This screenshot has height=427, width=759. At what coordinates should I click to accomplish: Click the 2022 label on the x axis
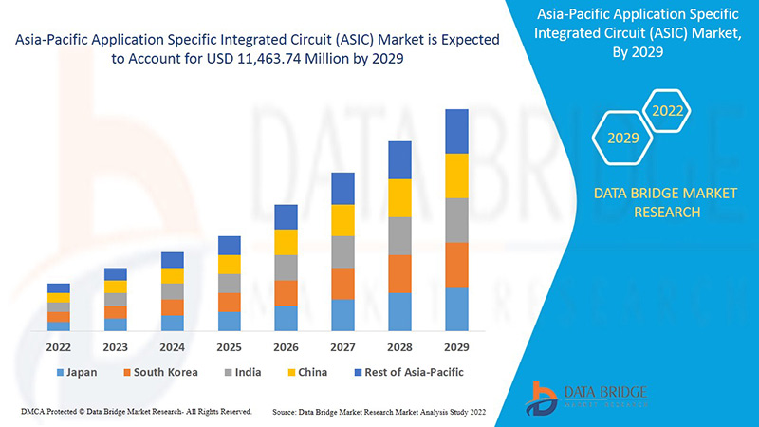point(59,346)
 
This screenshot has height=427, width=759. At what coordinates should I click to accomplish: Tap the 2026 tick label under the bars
point(286,346)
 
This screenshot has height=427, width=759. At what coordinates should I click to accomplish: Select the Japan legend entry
point(77,372)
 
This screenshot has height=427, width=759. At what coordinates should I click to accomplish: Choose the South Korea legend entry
point(159,372)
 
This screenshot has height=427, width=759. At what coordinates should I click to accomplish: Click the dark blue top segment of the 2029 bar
point(456,131)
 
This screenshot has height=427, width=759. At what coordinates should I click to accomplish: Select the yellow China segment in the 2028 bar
point(399,197)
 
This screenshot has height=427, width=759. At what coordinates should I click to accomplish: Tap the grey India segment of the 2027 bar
point(342,251)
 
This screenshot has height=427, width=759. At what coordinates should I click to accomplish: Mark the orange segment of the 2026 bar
point(286,293)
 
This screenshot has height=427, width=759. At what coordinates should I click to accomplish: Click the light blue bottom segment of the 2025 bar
point(229,321)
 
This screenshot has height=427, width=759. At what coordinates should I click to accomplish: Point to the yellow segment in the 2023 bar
point(116,287)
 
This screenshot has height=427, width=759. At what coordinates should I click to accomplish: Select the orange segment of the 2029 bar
point(456,265)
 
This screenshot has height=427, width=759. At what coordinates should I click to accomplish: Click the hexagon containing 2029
point(622,139)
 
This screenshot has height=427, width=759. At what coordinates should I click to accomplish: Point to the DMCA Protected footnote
point(136,412)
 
